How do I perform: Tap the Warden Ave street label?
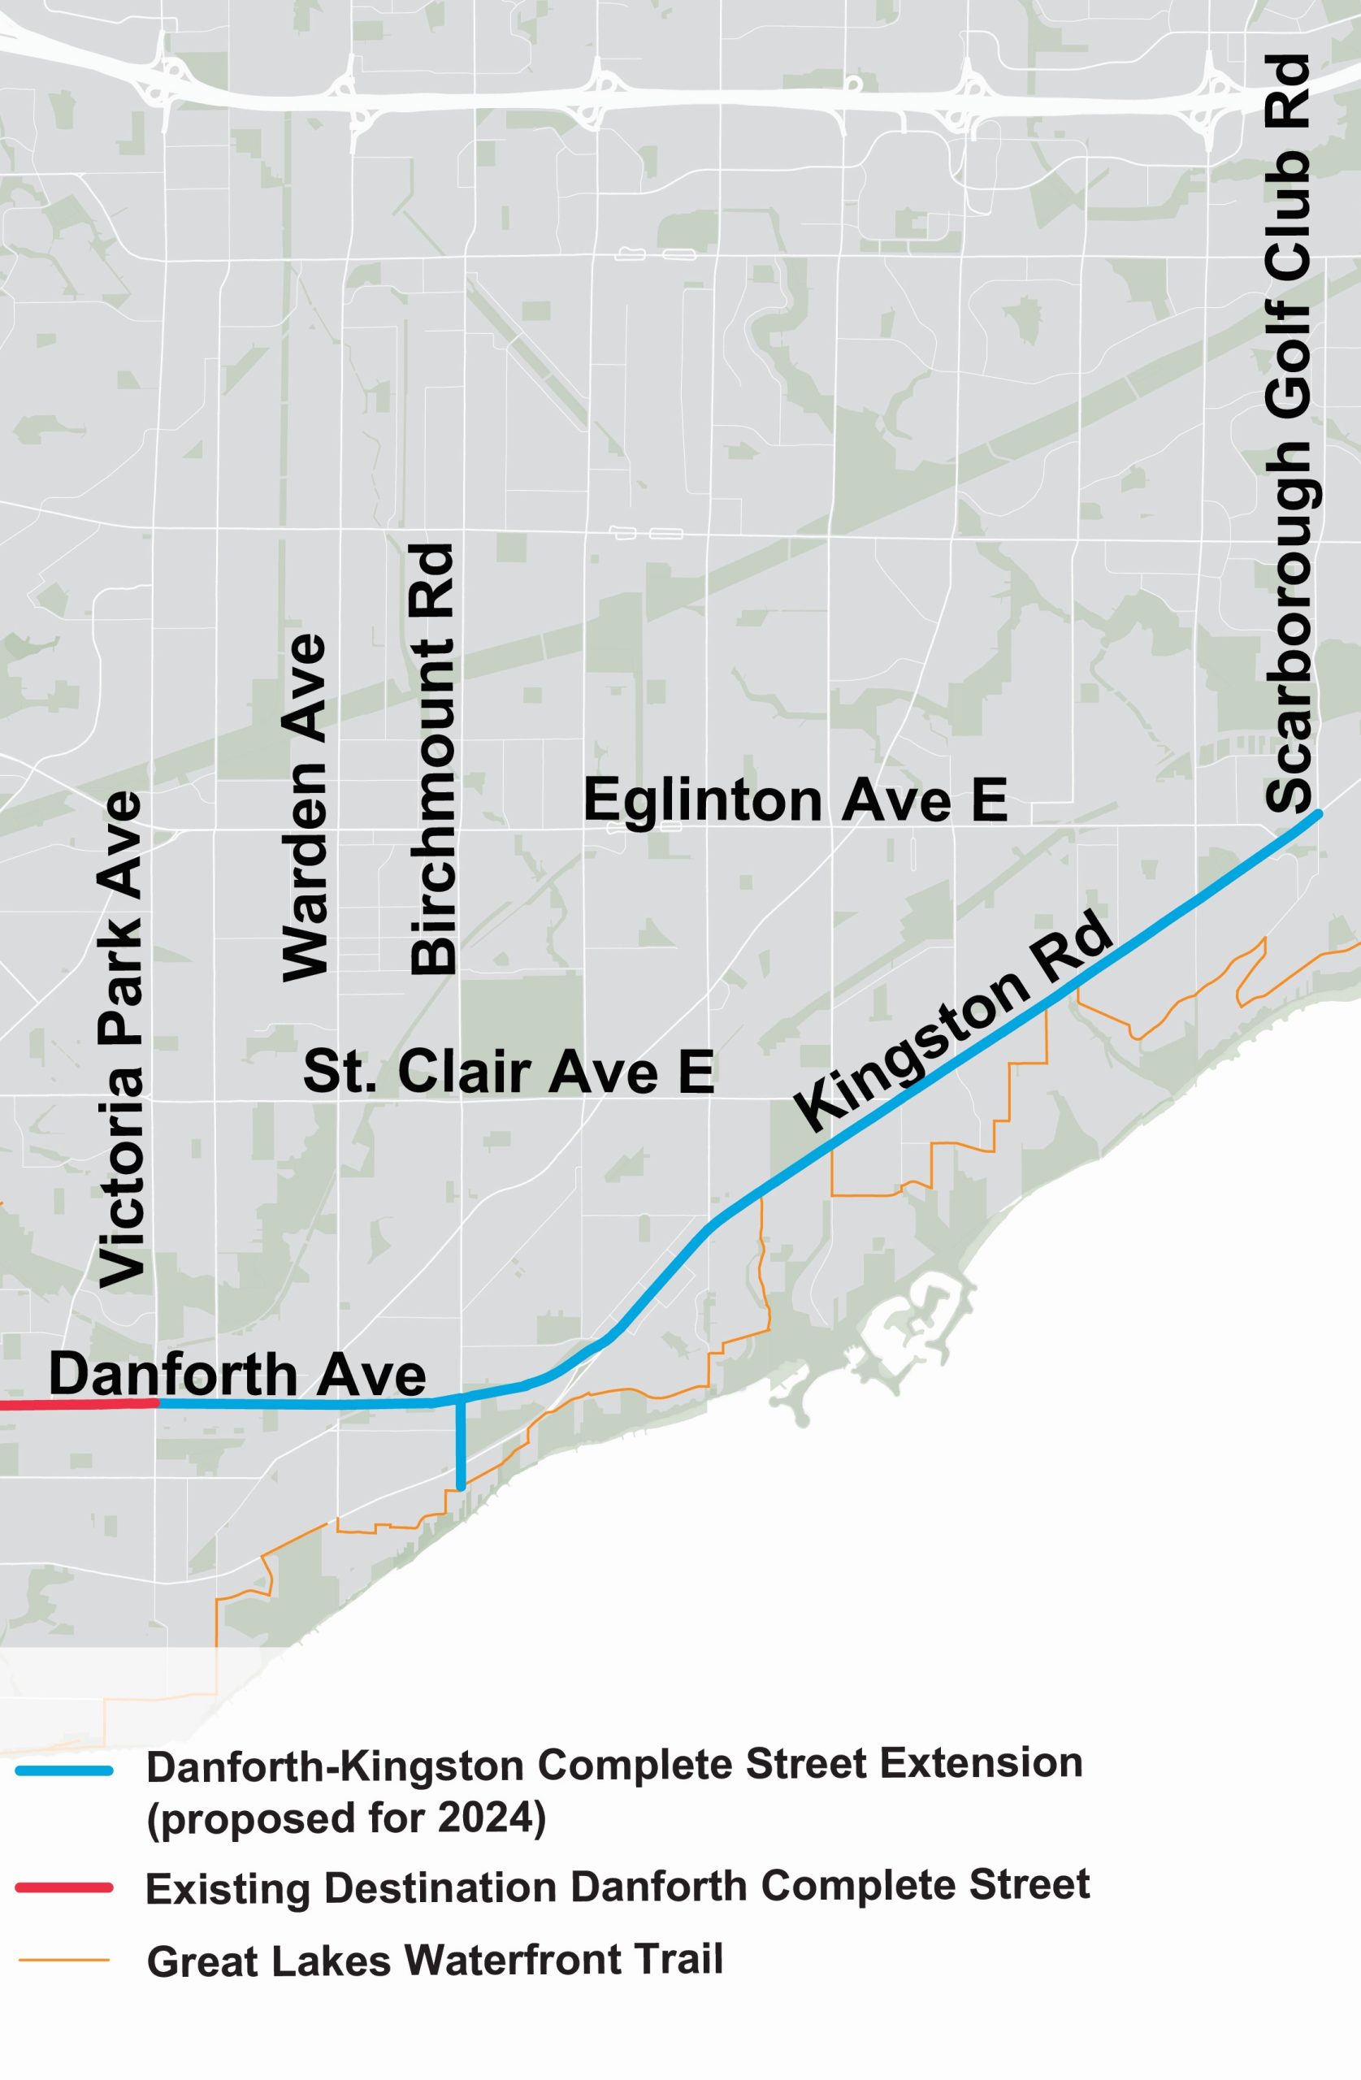pyautogui.click(x=304, y=808)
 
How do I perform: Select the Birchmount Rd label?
pyautogui.click(x=434, y=760)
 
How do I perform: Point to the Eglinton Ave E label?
pyautogui.click(x=795, y=800)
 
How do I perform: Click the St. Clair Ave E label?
pyautogui.click(x=509, y=1072)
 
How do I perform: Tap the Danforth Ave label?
pyautogui.click(x=237, y=1374)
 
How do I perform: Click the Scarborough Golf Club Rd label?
pyautogui.click(x=1289, y=435)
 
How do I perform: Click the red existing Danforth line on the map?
pyautogui.click(x=79, y=1406)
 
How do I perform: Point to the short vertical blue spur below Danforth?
pyautogui.click(x=461, y=1442)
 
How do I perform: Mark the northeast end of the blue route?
pyautogui.click(x=1317, y=814)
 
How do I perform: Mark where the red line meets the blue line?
pyautogui.click(x=158, y=1403)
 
